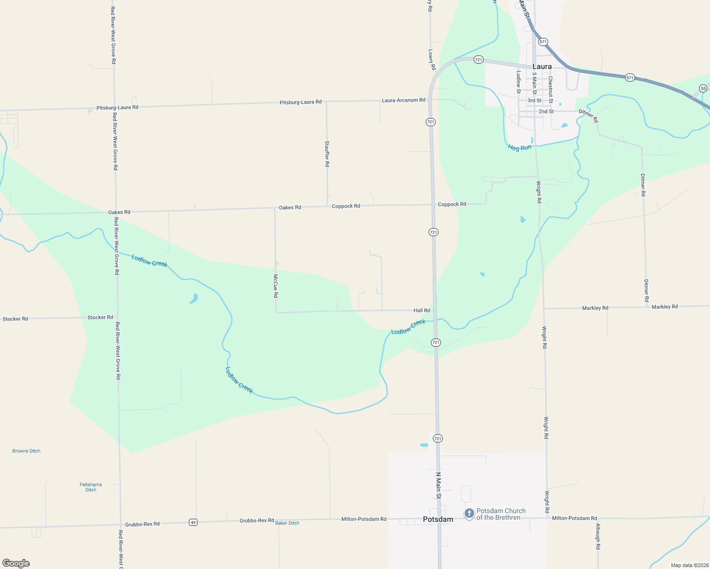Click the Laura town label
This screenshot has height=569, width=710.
point(542,67)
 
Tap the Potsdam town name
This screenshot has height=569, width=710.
point(438,519)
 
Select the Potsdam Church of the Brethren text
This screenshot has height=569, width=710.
point(501,514)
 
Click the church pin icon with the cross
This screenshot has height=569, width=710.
point(469,514)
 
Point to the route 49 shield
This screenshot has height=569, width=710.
point(193,522)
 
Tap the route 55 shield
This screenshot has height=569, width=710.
point(703,88)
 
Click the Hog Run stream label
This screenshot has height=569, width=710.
point(519,147)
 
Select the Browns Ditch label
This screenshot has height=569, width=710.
point(26,451)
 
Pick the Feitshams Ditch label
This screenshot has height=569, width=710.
point(91,487)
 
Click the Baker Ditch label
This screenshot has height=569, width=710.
point(287,523)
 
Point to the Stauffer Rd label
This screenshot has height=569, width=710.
point(327,154)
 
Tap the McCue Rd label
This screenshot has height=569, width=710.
point(276,286)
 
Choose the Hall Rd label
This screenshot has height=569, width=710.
point(421,311)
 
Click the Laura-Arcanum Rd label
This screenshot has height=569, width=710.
point(403,100)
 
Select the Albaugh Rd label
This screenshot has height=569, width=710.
point(598,536)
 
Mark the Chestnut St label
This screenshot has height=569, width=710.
point(551,89)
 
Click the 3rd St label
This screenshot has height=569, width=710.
point(534,101)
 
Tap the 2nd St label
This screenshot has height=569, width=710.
point(546,111)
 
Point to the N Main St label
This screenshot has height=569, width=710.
point(439,485)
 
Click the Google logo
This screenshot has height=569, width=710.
point(16,563)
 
